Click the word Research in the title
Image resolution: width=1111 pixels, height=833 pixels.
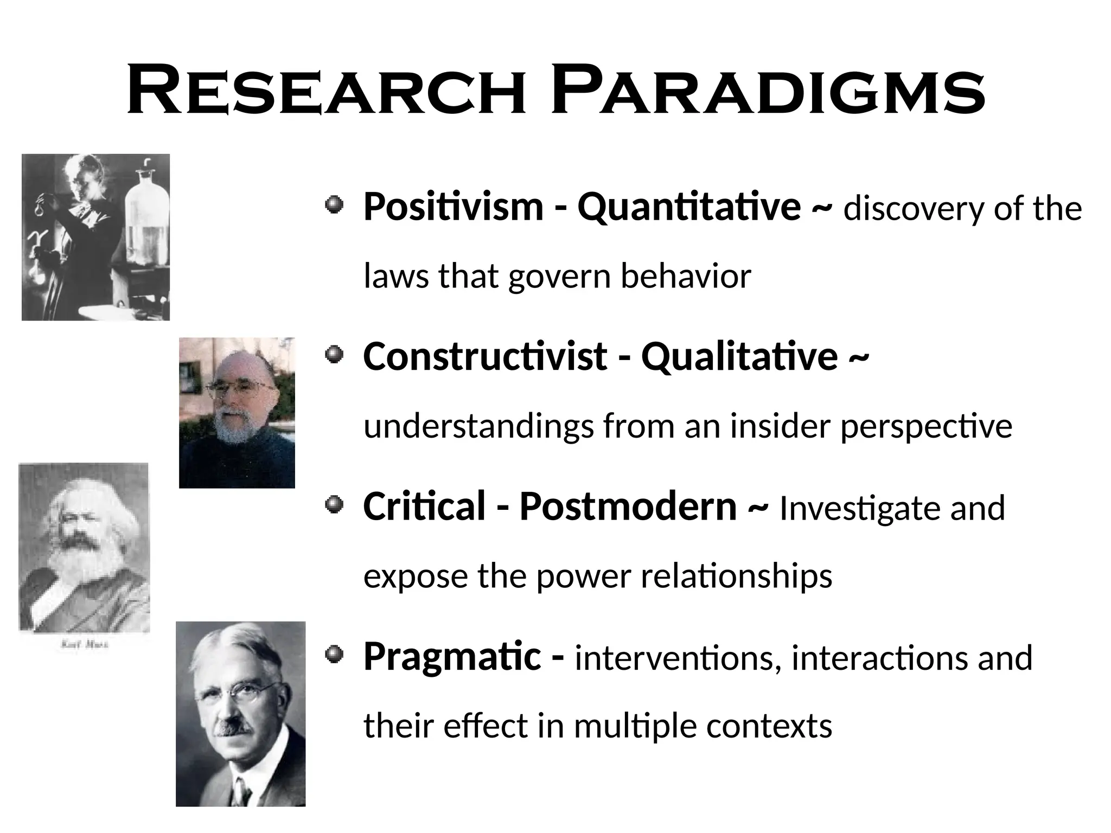pyautogui.click(x=325, y=91)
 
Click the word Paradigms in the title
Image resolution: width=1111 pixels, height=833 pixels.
pyautogui.click(x=767, y=91)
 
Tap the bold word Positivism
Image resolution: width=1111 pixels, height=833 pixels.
pyautogui.click(x=453, y=207)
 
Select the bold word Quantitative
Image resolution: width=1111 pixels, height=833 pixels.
pyautogui.click(x=688, y=207)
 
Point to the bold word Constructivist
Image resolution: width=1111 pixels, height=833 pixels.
pyautogui.click(x=484, y=357)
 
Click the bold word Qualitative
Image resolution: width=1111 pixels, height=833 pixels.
pyautogui.click(x=739, y=357)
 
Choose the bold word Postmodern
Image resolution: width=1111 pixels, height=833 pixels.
pyautogui.click(x=628, y=507)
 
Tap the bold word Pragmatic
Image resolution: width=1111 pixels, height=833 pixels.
pyautogui.click(x=452, y=657)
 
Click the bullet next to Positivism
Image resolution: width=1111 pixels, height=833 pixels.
pyautogui.click(x=335, y=206)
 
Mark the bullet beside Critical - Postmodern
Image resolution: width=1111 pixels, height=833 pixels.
pyautogui.click(x=335, y=505)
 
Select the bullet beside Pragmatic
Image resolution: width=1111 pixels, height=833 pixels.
pyautogui.click(x=335, y=655)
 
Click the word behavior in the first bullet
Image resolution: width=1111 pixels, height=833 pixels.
pyautogui.click(x=686, y=276)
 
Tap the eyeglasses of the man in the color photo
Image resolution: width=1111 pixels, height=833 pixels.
pyautogui.click(x=240, y=387)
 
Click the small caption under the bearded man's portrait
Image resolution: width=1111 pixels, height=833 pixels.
pyautogui.click(x=84, y=645)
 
